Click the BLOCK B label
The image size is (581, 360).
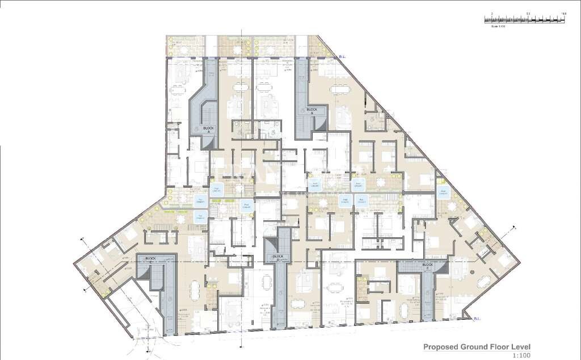(311, 110)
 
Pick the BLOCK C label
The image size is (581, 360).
(278, 257)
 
